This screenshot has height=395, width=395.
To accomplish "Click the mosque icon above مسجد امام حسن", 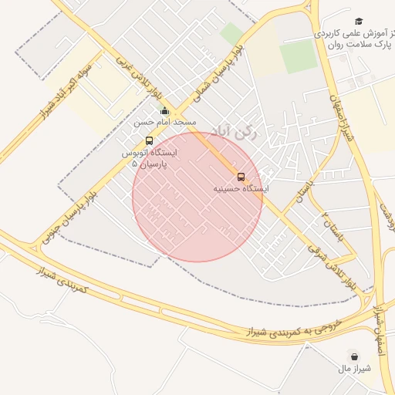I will point(164,111).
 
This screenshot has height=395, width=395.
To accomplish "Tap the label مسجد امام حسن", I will point(164,123).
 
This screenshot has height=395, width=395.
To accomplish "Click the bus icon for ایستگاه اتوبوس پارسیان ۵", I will point(149,141).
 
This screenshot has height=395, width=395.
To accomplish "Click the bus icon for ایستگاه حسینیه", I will point(241,177).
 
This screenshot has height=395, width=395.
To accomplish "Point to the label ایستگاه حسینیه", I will point(241,189).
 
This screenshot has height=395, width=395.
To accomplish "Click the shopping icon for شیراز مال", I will point(354,356).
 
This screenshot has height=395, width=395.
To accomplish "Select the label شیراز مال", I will point(354,368).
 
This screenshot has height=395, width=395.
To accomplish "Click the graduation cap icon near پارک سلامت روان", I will point(359,21).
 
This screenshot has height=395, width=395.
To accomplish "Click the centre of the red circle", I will point(197,197).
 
